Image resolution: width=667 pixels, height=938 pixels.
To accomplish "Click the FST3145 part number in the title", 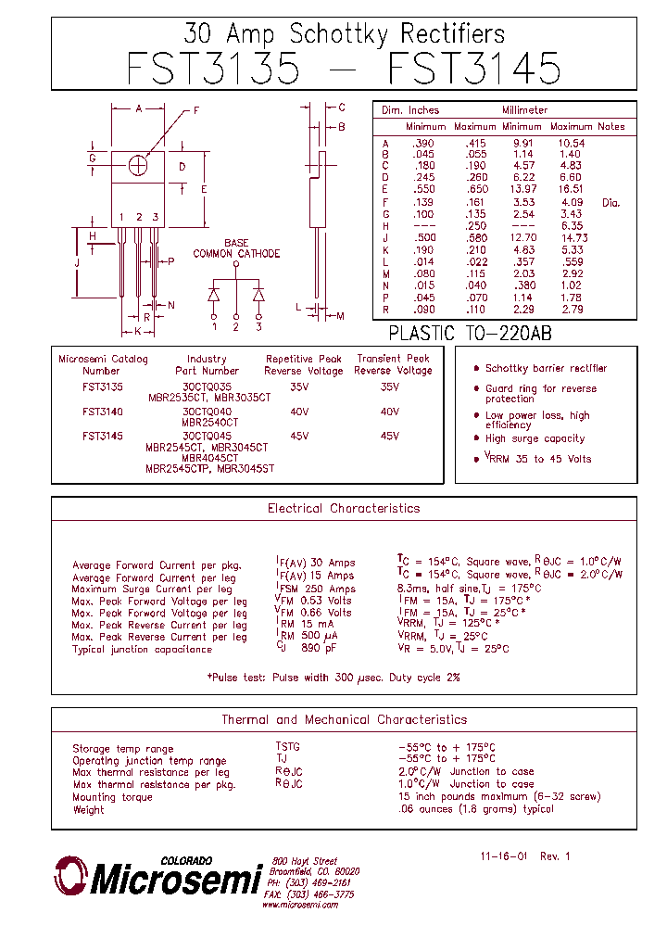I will tap(473, 70).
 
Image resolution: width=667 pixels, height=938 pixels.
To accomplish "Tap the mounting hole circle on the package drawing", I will tap(139, 165).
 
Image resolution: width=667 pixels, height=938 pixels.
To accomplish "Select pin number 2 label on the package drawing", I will tap(139, 218).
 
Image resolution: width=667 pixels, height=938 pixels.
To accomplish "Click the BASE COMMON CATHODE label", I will tap(236, 248).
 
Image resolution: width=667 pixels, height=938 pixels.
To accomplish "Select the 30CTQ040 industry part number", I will tap(207, 411).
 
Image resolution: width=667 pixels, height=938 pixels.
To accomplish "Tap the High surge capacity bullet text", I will tap(535, 438).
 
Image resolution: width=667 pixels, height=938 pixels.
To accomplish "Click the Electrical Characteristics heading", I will tap(344, 509).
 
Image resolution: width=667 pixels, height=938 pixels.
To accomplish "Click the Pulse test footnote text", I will tap(333, 678).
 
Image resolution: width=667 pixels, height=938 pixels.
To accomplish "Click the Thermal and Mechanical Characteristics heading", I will tap(344, 720).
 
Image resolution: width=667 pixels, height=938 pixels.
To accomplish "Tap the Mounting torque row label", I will tap(107, 797).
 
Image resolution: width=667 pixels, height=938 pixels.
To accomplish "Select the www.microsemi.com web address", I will tap(299, 906).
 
